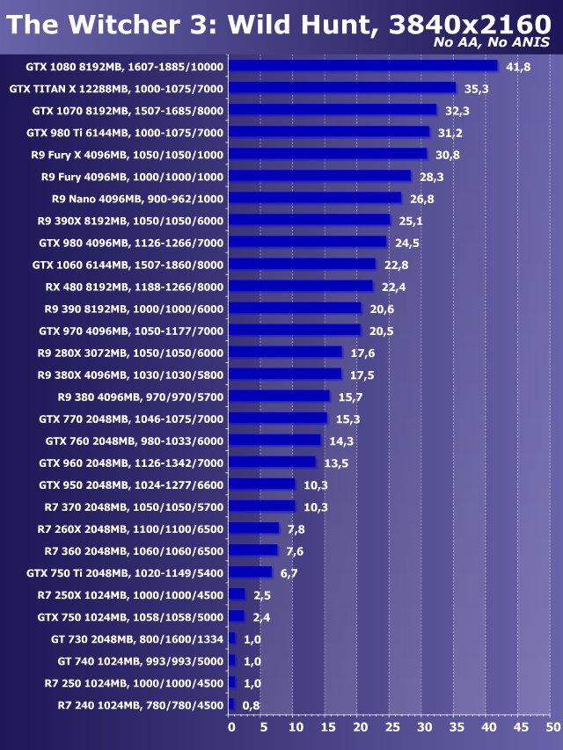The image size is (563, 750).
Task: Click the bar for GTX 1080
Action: point(362,66)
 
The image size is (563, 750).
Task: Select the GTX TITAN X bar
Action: point(342,88)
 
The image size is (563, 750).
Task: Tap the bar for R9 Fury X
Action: point(327,154)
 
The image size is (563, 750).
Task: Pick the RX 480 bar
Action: point(301,286)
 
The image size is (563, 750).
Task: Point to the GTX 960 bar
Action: point(272,462)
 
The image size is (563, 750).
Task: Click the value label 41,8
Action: point(518,67)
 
